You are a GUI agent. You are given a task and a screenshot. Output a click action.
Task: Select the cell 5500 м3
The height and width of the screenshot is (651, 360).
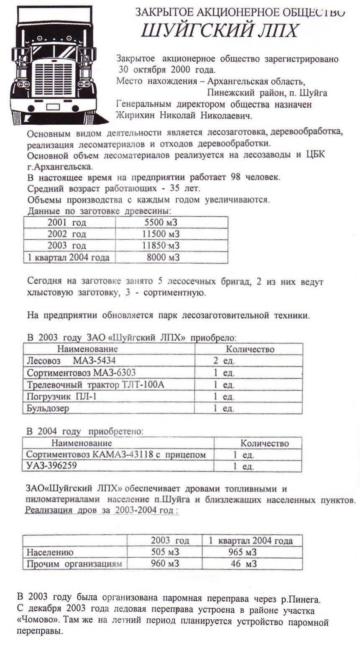[161, 223]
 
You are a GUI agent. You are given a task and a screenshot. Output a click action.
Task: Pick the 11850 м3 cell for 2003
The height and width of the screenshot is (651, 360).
[161, 246]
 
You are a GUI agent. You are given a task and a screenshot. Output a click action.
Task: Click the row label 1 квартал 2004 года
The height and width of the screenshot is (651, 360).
[69, 257]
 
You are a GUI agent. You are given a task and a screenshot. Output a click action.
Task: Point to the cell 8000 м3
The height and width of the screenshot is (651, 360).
[163, 257]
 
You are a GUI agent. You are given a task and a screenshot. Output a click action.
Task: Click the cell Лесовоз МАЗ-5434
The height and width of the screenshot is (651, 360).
[71, 361]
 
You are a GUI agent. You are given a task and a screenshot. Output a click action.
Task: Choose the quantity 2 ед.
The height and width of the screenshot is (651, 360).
[224, 361]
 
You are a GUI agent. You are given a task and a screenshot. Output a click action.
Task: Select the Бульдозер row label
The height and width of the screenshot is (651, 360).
[48, 408]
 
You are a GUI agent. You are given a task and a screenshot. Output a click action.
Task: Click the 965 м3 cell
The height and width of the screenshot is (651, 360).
[242, 552]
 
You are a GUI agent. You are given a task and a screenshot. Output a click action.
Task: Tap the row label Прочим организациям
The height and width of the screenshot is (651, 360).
[74, 564]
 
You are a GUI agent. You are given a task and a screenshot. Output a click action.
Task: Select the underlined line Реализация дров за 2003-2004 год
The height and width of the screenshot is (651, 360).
[102, 510]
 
